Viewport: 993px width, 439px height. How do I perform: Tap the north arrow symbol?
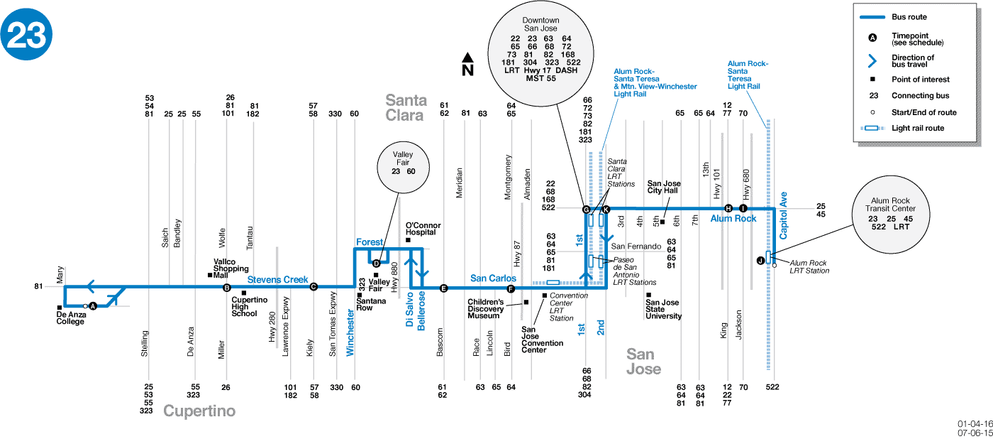point(467,65)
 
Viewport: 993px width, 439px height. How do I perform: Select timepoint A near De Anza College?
point(92,305)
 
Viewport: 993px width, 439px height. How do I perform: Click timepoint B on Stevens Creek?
point(227,288)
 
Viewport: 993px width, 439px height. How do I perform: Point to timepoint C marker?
point(314,287)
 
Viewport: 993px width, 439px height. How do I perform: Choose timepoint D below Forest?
point(377,264)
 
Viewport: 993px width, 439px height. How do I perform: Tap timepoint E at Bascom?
point(444,288)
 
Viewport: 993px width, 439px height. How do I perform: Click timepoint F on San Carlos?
point(511,288)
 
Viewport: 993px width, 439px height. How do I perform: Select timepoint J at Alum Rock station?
point(760,260)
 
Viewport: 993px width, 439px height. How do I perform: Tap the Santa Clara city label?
point(406,107)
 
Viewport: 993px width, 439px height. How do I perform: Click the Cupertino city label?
point(199,411)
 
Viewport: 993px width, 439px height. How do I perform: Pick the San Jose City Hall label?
point(664,187)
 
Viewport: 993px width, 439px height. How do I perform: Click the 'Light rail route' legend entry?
point(918,128)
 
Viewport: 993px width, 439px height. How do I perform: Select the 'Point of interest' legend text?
point(920,80)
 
